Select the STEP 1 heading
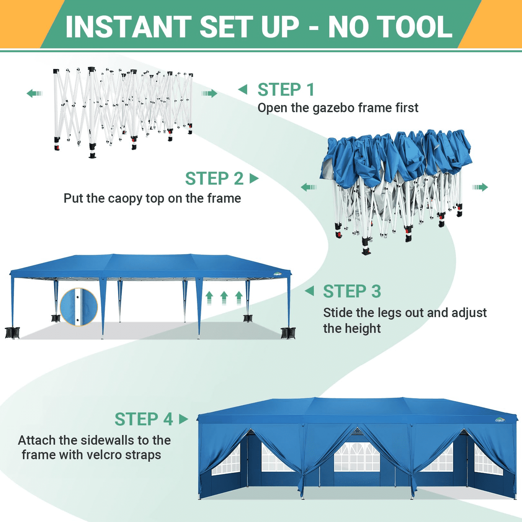(x=286, y=90)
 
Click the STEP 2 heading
(x=214, y=178)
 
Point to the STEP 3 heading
(x=352, y=291)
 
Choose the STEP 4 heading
(x=144, y=419)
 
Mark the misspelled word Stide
(x=338, y=312)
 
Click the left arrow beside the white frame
(x=34, y=94)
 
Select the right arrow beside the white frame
(x=210, y=94)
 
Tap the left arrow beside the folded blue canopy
(x=309, y=187)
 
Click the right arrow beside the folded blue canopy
(x=480, y=187)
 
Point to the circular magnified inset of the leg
(x=79, y=307)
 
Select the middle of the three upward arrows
(x=224, y=297)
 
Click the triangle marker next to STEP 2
(x=254, y=178)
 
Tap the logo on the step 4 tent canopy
(x=500, y=420)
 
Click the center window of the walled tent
(x=357, y=457)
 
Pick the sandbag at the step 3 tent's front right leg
(x=288, y=333)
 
